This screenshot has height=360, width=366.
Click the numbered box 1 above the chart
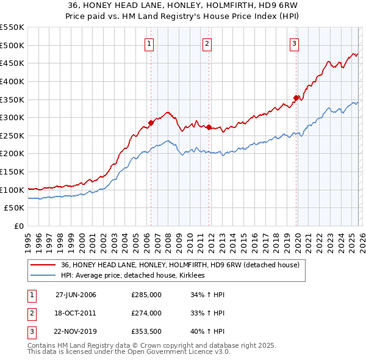point(149,43)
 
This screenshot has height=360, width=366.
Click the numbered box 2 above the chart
point(207,43)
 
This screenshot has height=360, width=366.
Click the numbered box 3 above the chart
point(295,43)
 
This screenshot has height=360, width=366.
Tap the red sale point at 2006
point(151,123)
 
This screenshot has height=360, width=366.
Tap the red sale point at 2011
point(209,127)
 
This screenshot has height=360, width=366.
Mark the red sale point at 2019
point(296,98)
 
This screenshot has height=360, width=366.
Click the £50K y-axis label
point(15,208)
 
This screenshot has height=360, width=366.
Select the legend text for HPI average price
point(133,276)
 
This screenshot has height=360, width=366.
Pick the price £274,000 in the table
point(146,313)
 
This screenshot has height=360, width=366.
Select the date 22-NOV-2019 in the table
point(76,331)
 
